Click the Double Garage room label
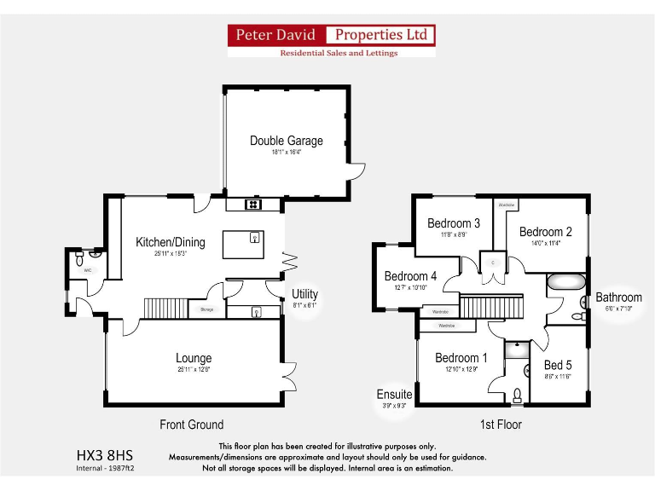(x=287, y=141)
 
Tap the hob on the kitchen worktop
(x=253, y=205)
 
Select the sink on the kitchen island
(x=254, y=239)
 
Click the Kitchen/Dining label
(x=170, y=243)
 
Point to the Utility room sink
(x=256, y=313)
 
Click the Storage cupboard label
(x=206, y=310)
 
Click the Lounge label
(x=194, y=358)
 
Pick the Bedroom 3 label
(x=454, y=223)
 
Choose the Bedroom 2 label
(x=545, y=232)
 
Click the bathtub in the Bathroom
(x=566, y=283)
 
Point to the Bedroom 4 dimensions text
(x=410, y=288)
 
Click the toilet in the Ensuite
(x=517, y=395)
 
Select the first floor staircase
(x=490, y=307)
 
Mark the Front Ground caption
(x=192, y=425)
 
